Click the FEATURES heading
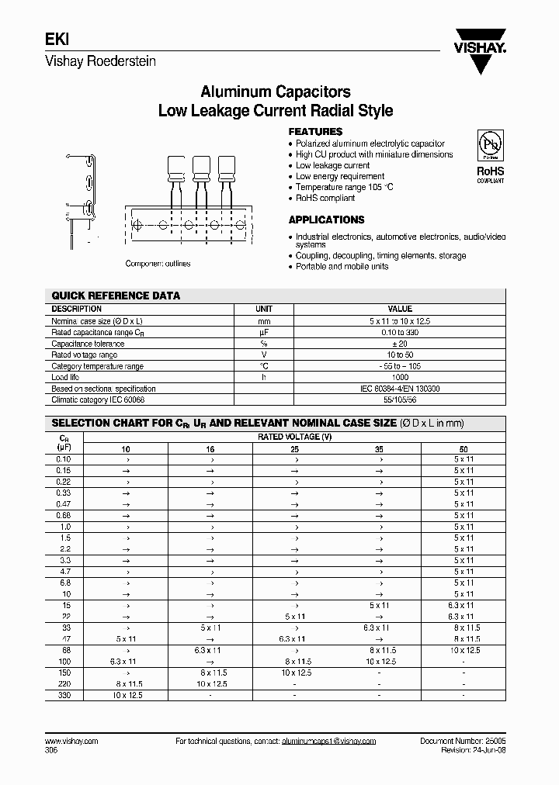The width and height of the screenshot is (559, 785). [315, 132]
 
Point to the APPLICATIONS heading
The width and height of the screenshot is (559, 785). [326, 220]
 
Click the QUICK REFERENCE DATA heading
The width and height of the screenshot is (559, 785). [115, 296]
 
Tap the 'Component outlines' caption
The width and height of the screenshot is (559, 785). [158, 264]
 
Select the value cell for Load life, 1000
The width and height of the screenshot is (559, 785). [400, 377]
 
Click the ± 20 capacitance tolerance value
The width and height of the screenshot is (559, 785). [400, 344]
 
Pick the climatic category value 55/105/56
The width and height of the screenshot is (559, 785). [400, 399]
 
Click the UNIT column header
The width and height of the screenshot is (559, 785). [264, 309]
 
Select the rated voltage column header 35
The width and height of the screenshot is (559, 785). [379, 448]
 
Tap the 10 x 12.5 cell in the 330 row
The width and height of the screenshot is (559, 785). [126, 695]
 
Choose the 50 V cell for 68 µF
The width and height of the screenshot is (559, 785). [464, 650]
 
